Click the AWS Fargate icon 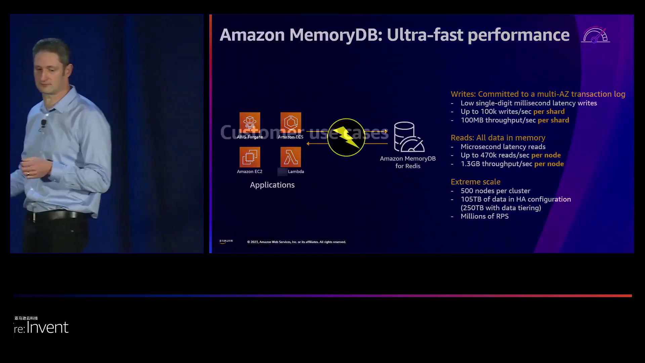point(250,123)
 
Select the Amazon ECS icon point(291,123)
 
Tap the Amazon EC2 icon point(250,157)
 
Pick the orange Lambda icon point(291,157)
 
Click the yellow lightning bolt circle point(346,137)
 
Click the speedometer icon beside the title point(595,35)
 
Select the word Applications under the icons point(272,185)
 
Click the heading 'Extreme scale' point(475,182)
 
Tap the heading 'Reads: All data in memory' point(498,138)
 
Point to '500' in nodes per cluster point(467,191)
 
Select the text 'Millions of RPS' point(484,216)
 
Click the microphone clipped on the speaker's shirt point(43,123)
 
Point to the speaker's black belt point(57,215)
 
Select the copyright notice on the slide point(296,242)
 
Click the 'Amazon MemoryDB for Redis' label point(407,162)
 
